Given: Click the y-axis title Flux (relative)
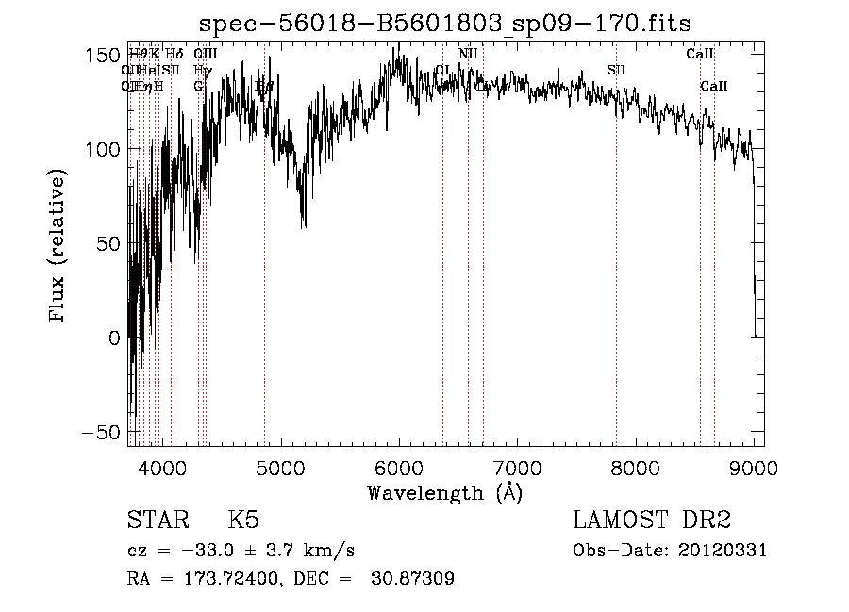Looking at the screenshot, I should click(58, 246).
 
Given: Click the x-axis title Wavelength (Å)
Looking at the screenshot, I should click(444, 492).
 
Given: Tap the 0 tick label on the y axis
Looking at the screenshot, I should click(113, 338).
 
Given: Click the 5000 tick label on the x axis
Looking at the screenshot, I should click(279, 467).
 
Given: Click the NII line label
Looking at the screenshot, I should click(468, 54).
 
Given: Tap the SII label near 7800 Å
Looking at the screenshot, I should click(615, 70).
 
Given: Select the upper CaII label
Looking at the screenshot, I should click(699, 54).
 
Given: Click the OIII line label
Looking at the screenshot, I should click(205, 54).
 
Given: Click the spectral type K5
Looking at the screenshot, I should click(243, 521).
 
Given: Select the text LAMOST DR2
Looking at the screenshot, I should click(652, 521).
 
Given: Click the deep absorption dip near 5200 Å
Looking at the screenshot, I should click(303, 223).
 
